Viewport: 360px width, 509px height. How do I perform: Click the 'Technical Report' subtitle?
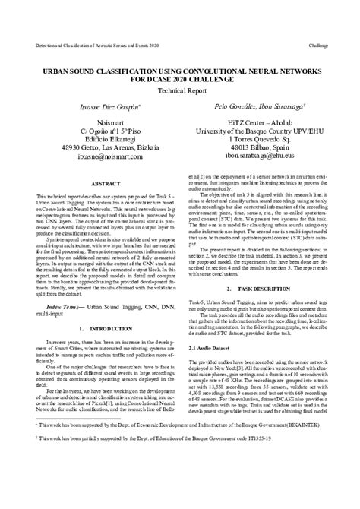(x=179, y=89)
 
